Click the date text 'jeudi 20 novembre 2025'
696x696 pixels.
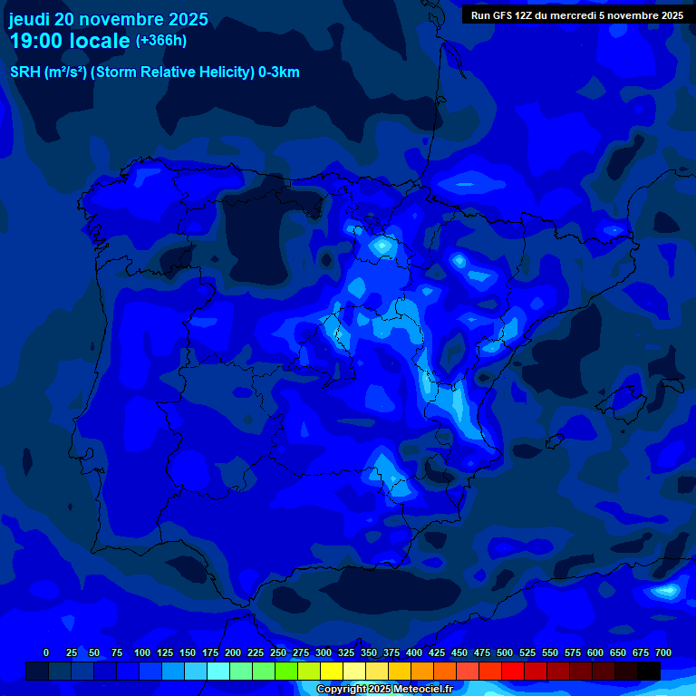[x=108, y=19]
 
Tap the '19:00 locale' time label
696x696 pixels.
[x=69, y=41]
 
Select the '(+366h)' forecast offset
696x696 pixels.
[x=161, y=41]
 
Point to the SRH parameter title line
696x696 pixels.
[x=154, y=72]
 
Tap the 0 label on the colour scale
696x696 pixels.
[x=46, y=652]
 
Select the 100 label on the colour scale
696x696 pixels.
[x=142, y=652]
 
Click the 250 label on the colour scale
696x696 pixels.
[x=278, y=652]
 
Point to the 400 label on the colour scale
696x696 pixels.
[x=414, y=652]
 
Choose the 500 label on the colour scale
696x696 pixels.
[x=505, y=652]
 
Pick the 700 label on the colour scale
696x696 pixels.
[x=662, y=652]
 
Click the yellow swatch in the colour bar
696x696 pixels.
[x=332, y=671]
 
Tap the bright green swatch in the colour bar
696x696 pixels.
[x=286, y=671]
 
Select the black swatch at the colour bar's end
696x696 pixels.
[x=648, y=671]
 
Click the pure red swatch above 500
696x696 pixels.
[x=513, y=671]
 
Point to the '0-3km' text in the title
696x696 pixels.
[x=277, y=72]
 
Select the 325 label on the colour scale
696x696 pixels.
[x=346, y=652]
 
